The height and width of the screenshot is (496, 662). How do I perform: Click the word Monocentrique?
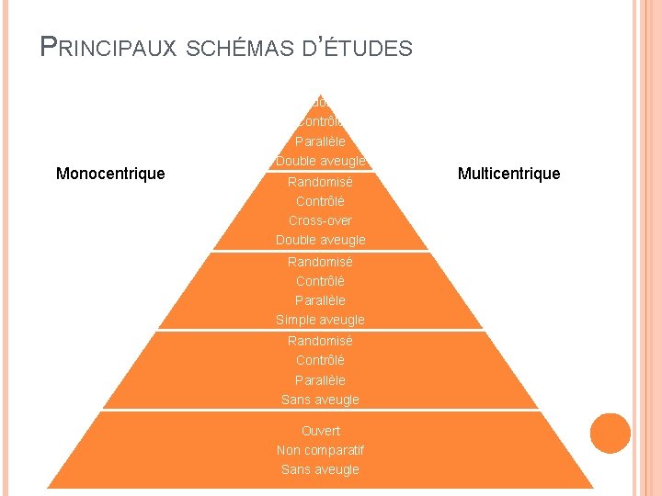click(110, 174)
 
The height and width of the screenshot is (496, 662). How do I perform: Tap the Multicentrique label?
click(508, 174)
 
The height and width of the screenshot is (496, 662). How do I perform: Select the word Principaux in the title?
click(108, 47)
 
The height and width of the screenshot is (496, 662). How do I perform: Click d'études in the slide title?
click(358, 48)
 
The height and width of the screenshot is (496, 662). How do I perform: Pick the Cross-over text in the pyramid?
click(320, 220)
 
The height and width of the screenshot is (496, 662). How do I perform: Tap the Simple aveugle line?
click(320, 320)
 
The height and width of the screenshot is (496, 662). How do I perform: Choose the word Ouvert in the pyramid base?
click(320, 431)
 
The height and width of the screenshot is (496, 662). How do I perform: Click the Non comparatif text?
click(320, 450)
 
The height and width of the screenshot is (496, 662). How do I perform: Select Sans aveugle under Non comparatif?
click(320, 469)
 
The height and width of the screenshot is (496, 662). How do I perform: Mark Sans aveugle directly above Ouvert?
click(320, 400)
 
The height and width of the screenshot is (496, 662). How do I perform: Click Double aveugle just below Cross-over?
click(320, 240)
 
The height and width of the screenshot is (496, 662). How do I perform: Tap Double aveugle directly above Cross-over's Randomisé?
click(320, 162)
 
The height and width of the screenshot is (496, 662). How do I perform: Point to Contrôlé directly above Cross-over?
click(320, 201)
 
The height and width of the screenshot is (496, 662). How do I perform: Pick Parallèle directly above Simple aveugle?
click(320, 300)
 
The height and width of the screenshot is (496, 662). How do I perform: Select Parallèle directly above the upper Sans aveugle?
click(320, 380)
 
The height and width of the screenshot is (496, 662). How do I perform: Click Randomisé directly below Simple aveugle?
click(320, 341)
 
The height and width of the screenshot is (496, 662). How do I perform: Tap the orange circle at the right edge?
click(611, 433)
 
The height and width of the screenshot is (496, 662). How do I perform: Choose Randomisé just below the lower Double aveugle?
click(320, 262)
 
